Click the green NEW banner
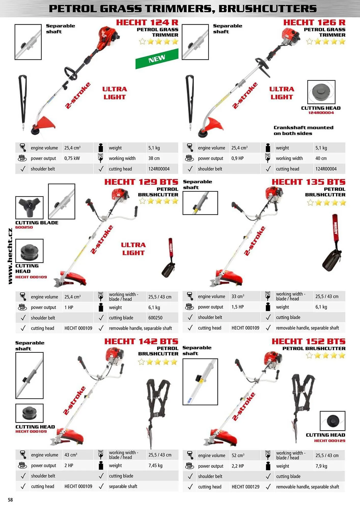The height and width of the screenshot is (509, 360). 157,59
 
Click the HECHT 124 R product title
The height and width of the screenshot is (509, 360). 147,22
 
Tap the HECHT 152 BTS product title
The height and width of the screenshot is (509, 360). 309,341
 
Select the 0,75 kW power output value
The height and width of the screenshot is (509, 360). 72,158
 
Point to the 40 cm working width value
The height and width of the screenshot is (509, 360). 321,158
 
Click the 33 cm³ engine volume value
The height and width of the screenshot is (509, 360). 238,296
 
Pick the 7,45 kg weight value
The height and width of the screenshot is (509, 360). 155,465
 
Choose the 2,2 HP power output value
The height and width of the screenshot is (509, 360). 238,466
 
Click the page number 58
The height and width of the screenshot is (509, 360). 10,500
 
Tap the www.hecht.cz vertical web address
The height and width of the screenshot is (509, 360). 10,256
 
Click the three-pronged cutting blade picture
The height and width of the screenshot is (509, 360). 29,208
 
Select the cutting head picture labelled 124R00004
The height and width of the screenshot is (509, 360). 321,92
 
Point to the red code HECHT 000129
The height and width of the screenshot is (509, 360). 330,441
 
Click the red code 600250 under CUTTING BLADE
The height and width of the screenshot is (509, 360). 24,227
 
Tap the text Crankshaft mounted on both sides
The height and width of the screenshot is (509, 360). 303,130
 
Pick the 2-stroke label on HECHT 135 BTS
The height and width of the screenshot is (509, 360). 255,241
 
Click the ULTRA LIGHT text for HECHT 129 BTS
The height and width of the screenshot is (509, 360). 133,249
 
